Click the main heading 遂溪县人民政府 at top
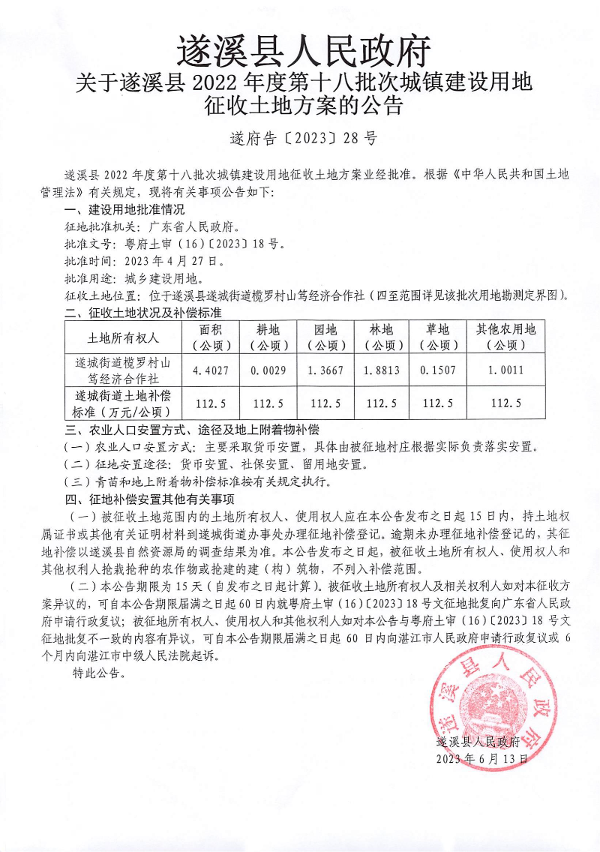point(304,52)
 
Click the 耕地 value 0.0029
point(268,370)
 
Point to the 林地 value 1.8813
point(382,370)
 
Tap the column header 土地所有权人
point(124,337)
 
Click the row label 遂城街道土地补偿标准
point(124,403)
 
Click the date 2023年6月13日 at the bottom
point(482,758)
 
